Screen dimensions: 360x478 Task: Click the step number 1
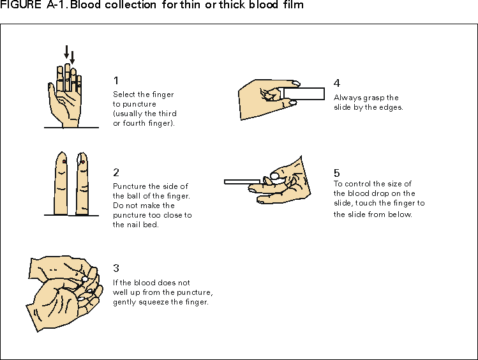116,80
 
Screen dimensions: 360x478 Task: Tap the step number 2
116,172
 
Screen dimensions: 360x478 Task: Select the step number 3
116,269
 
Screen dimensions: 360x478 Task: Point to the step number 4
337,84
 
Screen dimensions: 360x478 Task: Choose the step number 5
337,172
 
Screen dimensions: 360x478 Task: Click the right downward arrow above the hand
72,57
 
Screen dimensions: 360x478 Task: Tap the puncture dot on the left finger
64,161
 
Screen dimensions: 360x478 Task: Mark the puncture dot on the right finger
82,162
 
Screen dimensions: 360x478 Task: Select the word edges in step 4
391,107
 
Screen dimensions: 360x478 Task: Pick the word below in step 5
401,214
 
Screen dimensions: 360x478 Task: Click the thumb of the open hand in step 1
52,93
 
